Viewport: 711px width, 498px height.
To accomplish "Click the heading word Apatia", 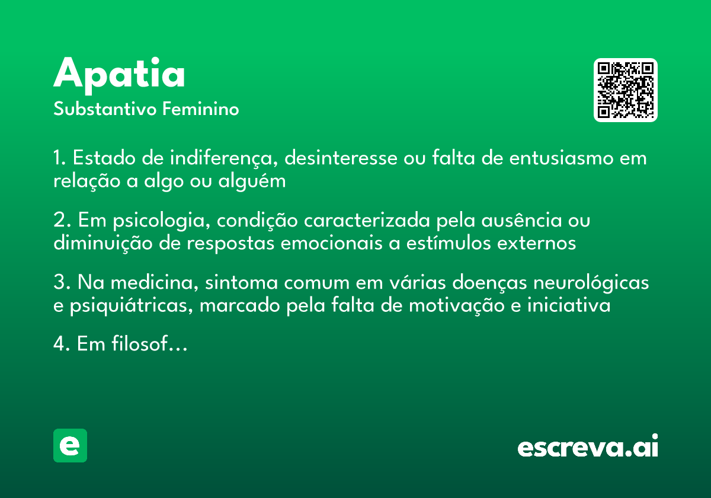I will pyautogui.click(x=119, y=74).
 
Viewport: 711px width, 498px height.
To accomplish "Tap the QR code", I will pyautogui.click(x=626, y=90).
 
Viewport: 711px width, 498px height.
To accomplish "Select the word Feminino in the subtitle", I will pyautogui.click(x=200, y=110).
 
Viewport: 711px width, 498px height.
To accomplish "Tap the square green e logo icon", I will pyautogui.click(x=70, y=445).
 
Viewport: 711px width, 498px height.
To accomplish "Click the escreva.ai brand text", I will pyautogui.click(x=588, y=446).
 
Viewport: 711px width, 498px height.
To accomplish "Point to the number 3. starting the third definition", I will pyautogui.click(x=62, y=283).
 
